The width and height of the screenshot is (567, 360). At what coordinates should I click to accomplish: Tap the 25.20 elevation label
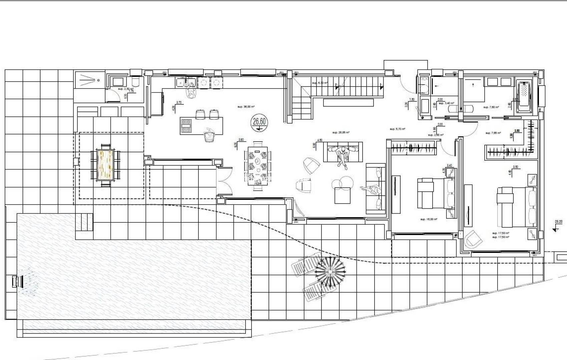click(x=558, y=221)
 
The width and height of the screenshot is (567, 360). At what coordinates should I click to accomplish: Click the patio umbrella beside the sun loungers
click(x=330, y=272)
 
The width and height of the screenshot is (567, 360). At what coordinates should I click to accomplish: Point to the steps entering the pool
click(x=87, y=222)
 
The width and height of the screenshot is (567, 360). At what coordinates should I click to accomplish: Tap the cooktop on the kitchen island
click(x=185, y=126)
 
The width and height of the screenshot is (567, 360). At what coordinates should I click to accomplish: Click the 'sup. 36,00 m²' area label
click(x=246, y=107)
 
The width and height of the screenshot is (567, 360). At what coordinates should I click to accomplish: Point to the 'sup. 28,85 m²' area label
click(x=341, y=132)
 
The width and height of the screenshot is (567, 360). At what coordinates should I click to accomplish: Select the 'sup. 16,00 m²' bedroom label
click(x=429, y=219)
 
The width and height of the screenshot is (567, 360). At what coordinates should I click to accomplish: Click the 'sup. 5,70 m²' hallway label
click(x=397, y=129)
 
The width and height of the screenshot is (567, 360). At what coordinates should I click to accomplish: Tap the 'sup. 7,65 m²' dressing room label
click(x=494, y=133)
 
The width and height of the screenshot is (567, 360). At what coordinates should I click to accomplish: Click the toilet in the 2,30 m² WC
click(x=136, y=82)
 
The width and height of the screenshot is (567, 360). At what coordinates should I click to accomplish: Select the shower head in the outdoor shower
click(x=99, y=80)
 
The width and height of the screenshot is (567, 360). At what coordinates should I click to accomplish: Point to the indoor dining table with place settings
click(x=258, y=166)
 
